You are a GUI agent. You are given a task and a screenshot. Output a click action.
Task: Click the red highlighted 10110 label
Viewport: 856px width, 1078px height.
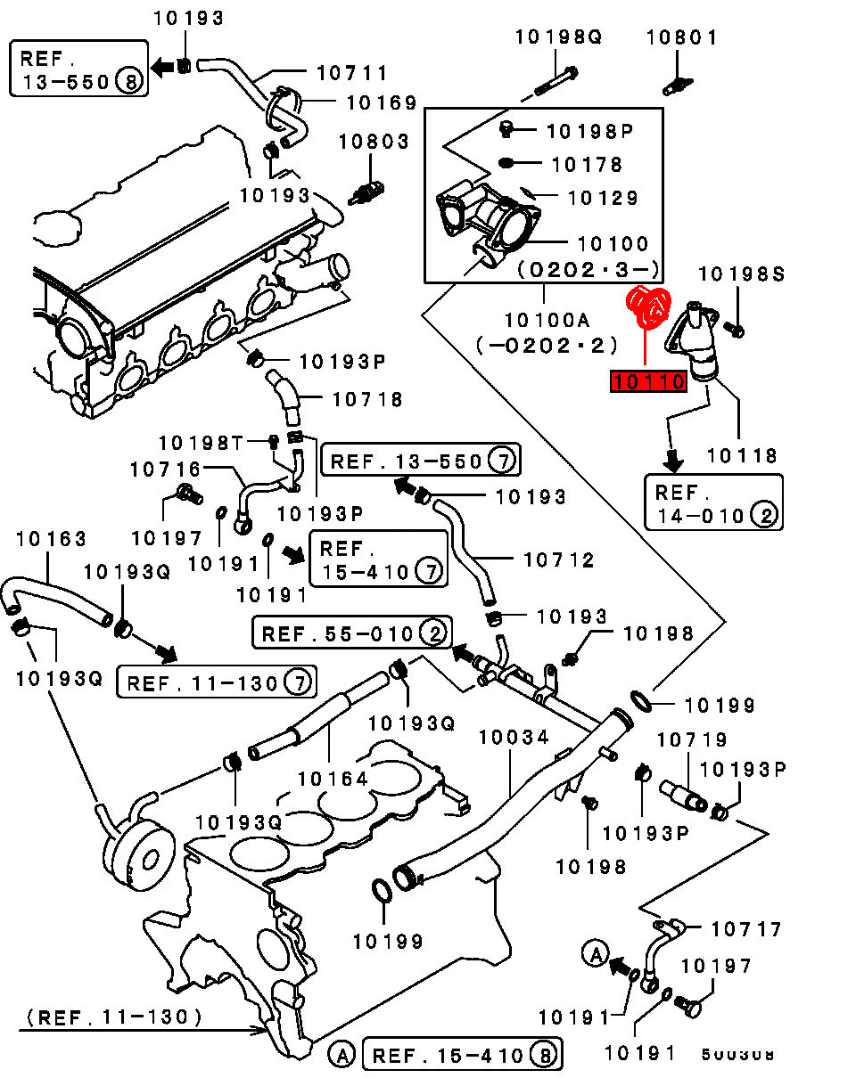[x=648, y=382]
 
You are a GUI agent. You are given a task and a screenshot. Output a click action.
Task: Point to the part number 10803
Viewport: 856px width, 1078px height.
[x=374, y=142]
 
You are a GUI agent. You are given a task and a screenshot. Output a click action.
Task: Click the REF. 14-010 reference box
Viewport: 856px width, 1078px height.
[x=713, y=503]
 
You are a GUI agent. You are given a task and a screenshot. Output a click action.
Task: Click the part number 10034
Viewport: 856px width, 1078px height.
[x=514, y=738]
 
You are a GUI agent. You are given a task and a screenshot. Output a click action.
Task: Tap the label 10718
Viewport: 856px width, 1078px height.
[x=367, y=400]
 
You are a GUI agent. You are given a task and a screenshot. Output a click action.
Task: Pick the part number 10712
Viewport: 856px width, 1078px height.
[x=559, y=559]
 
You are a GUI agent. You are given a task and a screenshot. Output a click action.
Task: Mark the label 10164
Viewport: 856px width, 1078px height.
[x=333, y=779]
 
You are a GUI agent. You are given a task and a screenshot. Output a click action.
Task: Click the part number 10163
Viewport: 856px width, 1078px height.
[x=51, y=539]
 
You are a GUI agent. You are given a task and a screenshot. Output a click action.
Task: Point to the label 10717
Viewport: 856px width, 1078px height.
[x=746, y=929]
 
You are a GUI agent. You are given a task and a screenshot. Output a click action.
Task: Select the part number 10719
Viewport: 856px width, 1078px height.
[x=692, y=739]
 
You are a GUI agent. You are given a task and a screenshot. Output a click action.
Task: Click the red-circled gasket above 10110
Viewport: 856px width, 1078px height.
[x=649, y=308]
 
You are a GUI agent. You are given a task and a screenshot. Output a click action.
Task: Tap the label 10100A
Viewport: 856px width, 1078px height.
[x=547, y=319]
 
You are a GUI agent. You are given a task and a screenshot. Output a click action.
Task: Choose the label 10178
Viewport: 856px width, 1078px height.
[x=587, y=165]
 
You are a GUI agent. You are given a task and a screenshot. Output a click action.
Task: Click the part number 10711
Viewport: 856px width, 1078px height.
[x=352, y=74]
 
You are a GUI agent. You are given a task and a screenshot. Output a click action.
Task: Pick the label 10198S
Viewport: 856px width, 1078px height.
[x=741, y=274]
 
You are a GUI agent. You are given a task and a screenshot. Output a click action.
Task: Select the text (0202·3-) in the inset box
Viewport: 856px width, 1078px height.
[x=588, y=268]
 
